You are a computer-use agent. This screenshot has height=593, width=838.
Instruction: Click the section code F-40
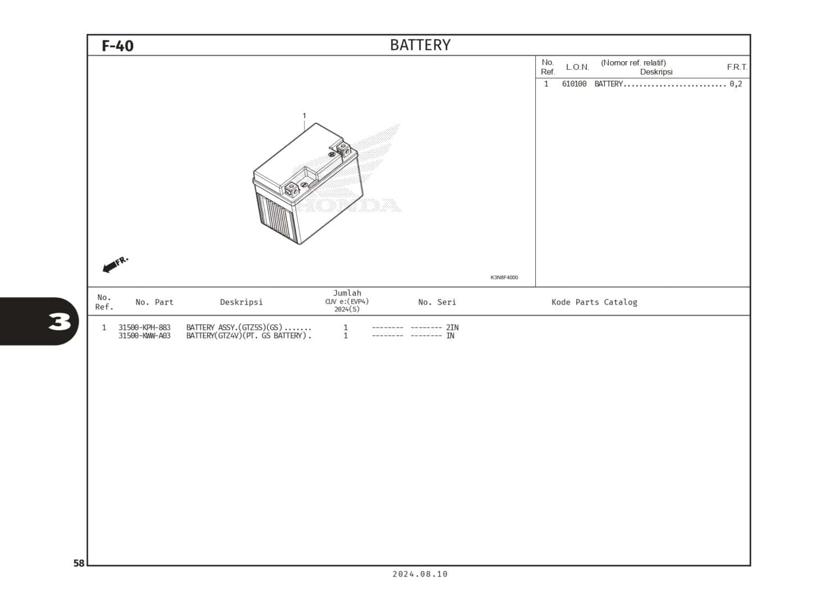point(117,46)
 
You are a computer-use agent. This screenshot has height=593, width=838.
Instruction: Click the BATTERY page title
point(420,45)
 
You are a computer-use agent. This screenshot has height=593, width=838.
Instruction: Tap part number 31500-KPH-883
point(145,328)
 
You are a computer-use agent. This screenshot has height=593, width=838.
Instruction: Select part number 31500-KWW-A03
point(145,336)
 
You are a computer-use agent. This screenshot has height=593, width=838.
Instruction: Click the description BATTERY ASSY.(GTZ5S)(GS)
point(235,328)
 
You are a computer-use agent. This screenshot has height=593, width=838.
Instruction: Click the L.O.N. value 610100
point(574,84)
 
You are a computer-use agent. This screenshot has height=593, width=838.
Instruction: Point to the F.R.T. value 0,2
point(735,84)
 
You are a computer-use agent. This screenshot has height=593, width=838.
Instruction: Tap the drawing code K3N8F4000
point(504,277)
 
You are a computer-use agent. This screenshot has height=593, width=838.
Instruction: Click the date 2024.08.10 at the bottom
point(420,574)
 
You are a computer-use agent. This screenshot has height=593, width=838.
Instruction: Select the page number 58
point(79,563)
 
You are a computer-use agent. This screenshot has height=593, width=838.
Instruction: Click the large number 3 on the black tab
point(59,322)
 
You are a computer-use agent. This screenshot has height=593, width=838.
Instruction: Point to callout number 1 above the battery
point(304,116)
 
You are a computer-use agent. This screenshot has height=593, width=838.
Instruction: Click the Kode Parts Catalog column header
point(594,302)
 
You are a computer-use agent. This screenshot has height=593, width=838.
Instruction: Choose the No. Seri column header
point(437,302)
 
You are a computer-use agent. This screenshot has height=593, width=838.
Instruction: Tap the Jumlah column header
point(347,293)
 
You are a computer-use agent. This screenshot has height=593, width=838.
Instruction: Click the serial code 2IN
point(452,328)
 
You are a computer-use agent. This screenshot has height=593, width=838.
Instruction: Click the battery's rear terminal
point(343,147)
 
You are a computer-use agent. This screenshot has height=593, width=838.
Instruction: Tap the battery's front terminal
point(292,189)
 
